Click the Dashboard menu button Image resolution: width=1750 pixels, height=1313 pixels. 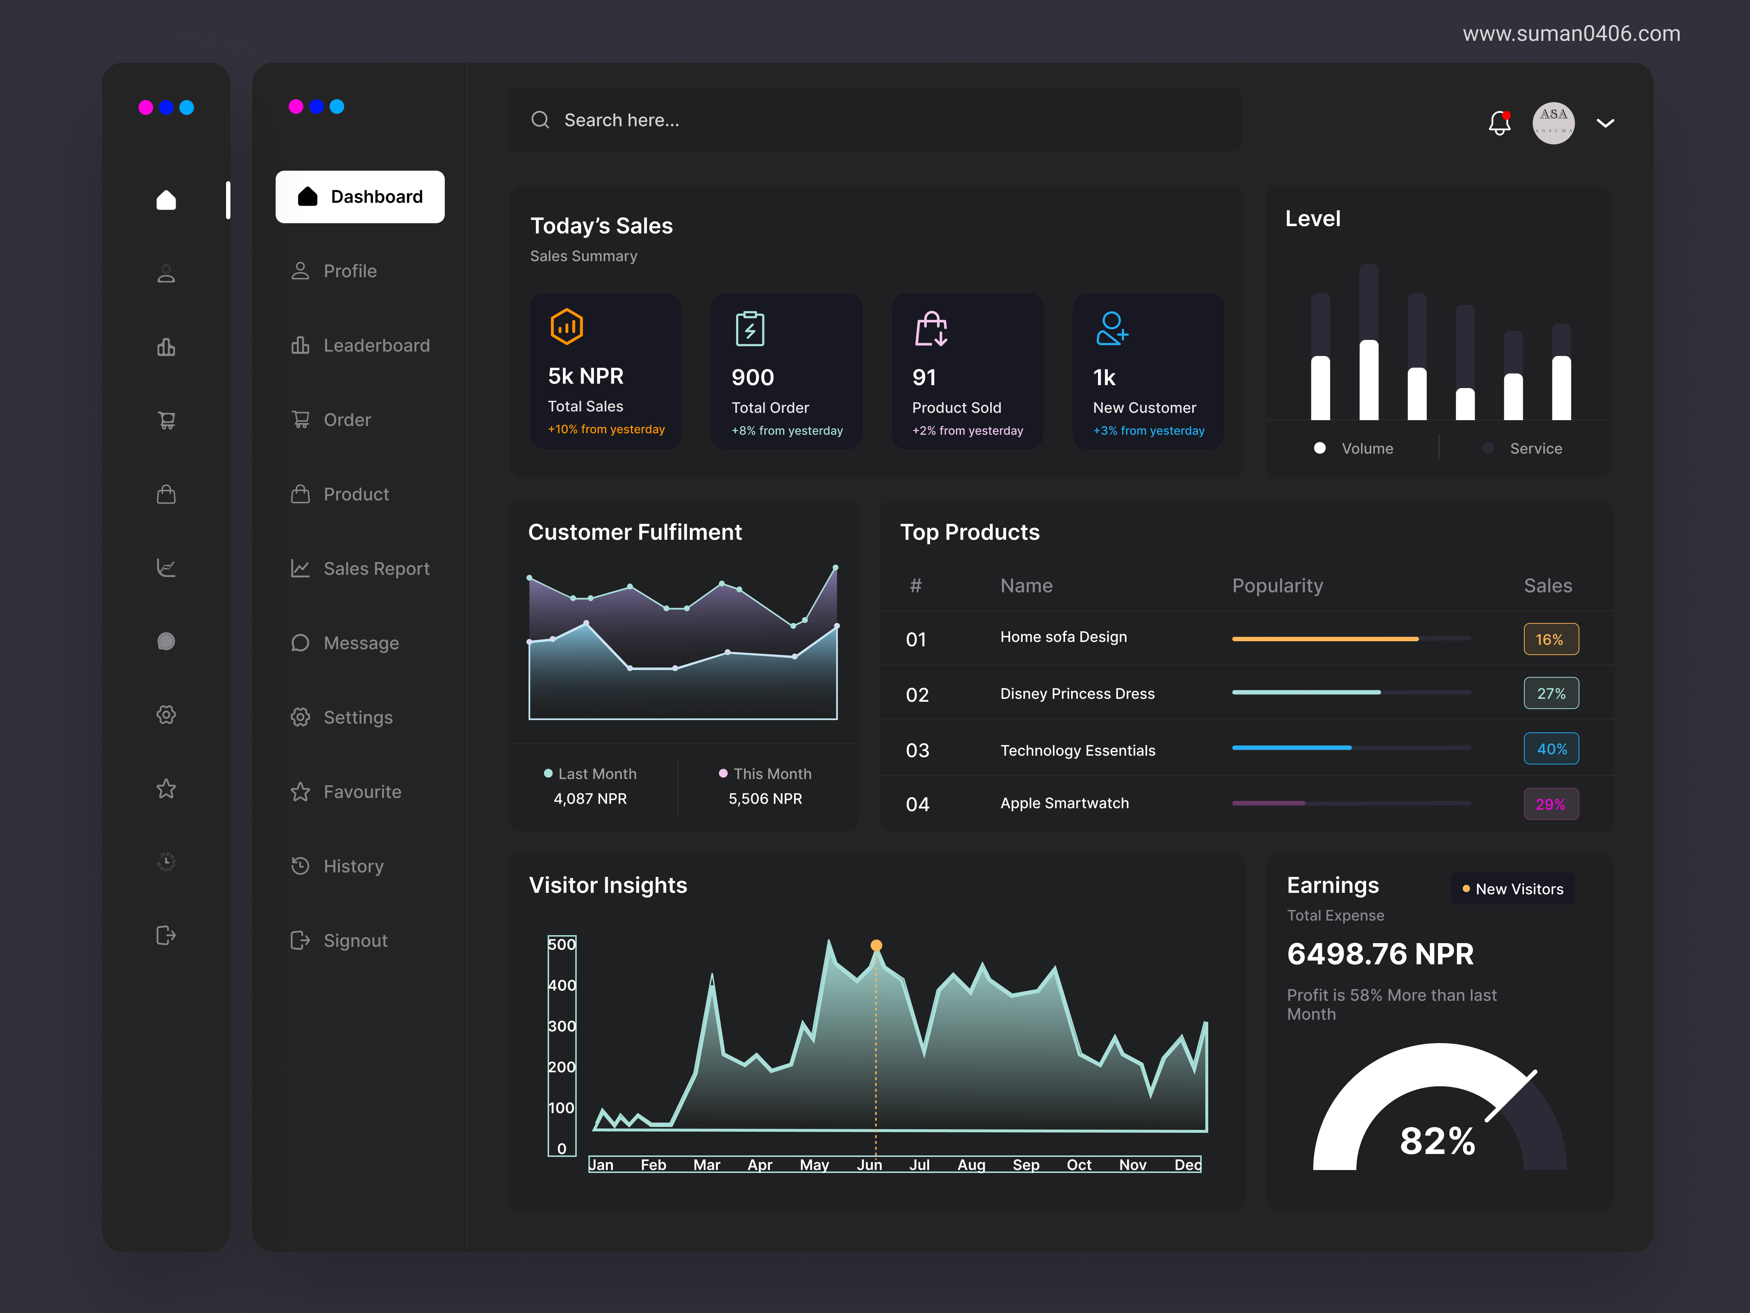pos(360,197)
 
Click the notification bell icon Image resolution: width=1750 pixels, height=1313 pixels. pos(1499,124)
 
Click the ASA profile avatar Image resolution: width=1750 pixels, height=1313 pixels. pos(1553,124)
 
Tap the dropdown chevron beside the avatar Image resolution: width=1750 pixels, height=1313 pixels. pos(1605,124)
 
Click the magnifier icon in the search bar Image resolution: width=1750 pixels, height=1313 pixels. pos(540,120)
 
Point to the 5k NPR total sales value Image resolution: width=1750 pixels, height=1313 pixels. pos(586,377)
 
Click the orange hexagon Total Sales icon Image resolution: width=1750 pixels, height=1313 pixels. pos(567,327)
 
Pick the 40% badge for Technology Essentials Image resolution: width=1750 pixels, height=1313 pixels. pos(1551,749)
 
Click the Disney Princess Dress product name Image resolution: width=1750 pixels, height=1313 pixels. pos(1077,694)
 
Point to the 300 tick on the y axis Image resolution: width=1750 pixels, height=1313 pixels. pos(562,1026)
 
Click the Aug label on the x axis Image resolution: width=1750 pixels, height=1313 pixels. pos(972,1165)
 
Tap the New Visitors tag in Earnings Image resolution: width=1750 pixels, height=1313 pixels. pos(1513,889)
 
